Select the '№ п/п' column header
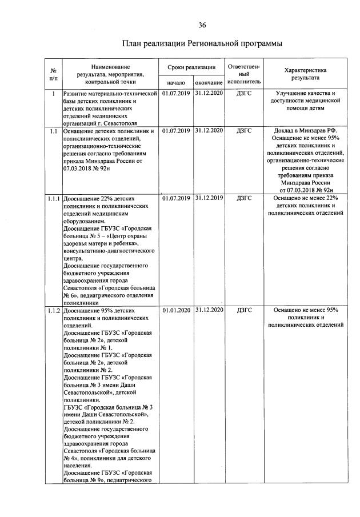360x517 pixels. (53, 73)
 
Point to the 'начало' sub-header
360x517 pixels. (176, 82)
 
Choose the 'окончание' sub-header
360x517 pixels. (209, 82)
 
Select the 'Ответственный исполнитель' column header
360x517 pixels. (244, 74)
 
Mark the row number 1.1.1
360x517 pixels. (54, 198)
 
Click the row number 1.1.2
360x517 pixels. (54, 310)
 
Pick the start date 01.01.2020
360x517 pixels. (176, 310)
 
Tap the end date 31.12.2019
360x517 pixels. (209, 198)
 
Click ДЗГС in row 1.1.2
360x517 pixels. (244, 310)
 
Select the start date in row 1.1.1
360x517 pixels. (176, 198)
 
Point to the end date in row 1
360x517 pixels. (209, 93)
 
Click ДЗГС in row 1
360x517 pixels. (244, 93)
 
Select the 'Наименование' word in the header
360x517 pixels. (110, 67)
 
